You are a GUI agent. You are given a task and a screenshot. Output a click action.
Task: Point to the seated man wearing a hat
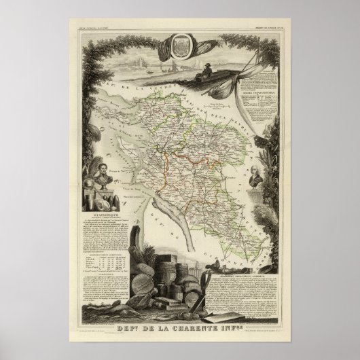[x=204, y=70]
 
